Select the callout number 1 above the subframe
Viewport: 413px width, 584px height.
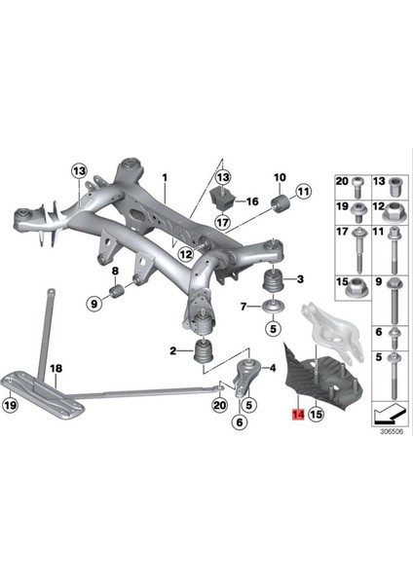coord(165,175)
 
